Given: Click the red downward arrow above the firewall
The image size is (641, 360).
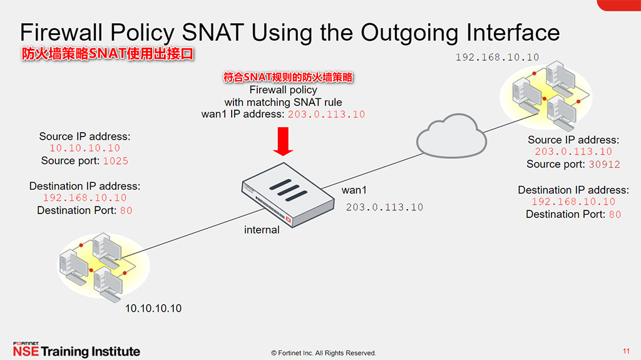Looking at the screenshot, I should pos(284,141).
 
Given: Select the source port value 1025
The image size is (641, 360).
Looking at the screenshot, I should pos(115,161).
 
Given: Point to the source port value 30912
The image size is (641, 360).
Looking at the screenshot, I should pos(604,164).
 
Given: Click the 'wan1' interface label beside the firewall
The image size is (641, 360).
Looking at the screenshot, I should pos(354,190).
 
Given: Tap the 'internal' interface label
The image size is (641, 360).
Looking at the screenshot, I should pos(262,230).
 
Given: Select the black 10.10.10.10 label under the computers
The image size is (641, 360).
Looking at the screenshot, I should pos(153,308).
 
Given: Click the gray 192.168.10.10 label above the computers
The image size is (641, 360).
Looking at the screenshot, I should pos(497,57).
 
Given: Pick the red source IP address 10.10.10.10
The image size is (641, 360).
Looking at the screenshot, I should pos(85,148).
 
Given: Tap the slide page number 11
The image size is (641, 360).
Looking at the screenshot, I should pos(626,350).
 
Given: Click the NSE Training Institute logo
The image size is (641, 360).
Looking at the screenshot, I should pos(76,350).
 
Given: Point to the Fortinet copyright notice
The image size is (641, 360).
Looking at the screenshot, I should pos(323,353).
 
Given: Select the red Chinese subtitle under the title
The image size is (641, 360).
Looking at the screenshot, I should pos(107,54).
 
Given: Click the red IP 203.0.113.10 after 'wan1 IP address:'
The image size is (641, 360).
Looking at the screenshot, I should pos(326,115).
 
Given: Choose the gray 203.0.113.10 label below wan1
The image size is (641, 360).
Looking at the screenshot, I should pos(384,207).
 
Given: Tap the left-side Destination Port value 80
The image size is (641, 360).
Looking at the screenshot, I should pos(126,210).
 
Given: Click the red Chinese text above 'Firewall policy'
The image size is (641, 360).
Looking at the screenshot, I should pos(288,78).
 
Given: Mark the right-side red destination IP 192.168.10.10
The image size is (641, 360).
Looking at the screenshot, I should pos(573,202).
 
